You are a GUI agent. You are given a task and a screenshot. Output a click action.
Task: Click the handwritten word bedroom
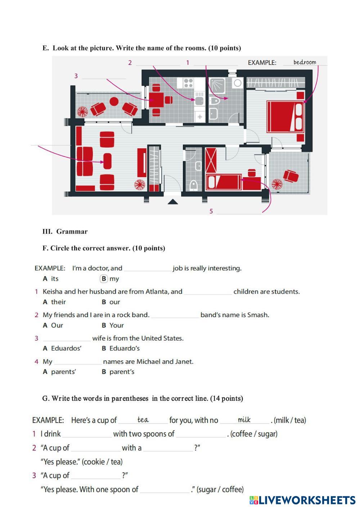click(305, 62)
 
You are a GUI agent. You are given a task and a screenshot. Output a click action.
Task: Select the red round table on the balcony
click(114, 102)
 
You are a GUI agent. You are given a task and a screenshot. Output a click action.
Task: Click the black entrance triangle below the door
click(173, 202)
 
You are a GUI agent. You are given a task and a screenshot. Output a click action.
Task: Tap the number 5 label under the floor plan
click(211, 211)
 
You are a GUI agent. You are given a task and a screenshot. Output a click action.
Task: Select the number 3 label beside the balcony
click(76, 76)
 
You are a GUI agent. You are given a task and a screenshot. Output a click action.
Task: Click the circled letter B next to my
click(104, 279)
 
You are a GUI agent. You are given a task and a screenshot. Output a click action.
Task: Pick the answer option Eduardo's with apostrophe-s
click(124, 348)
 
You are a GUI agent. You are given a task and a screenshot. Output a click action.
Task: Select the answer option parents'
click(63, 372)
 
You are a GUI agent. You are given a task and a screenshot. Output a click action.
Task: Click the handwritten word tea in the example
click(143, 420)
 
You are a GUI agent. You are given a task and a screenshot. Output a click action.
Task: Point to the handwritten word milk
click(244, 420)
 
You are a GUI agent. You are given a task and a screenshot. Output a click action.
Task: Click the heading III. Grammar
click(65, 231)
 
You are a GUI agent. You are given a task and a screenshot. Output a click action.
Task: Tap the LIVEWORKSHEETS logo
click(302, 500)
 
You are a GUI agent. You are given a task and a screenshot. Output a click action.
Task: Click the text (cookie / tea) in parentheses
click(102, 462)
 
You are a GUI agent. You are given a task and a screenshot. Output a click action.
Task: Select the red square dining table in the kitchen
click(157, 98)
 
